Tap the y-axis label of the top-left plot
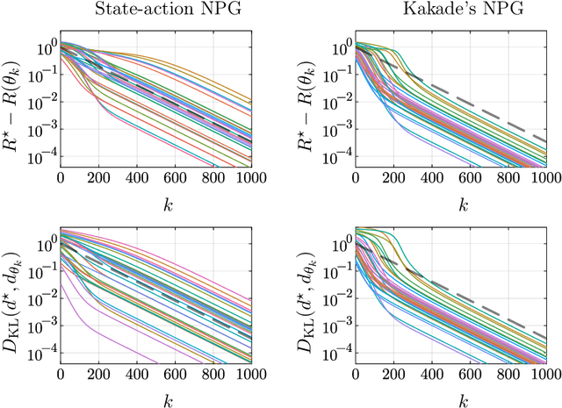coord(12,103)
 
